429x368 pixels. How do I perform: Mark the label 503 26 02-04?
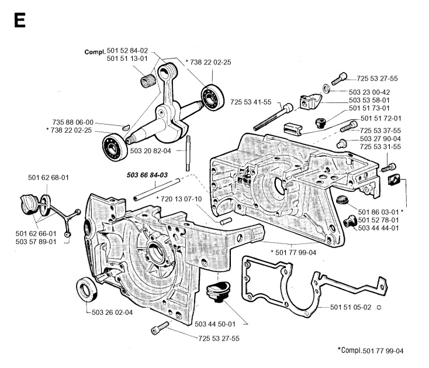113,312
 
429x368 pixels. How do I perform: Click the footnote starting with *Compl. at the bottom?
379,350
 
